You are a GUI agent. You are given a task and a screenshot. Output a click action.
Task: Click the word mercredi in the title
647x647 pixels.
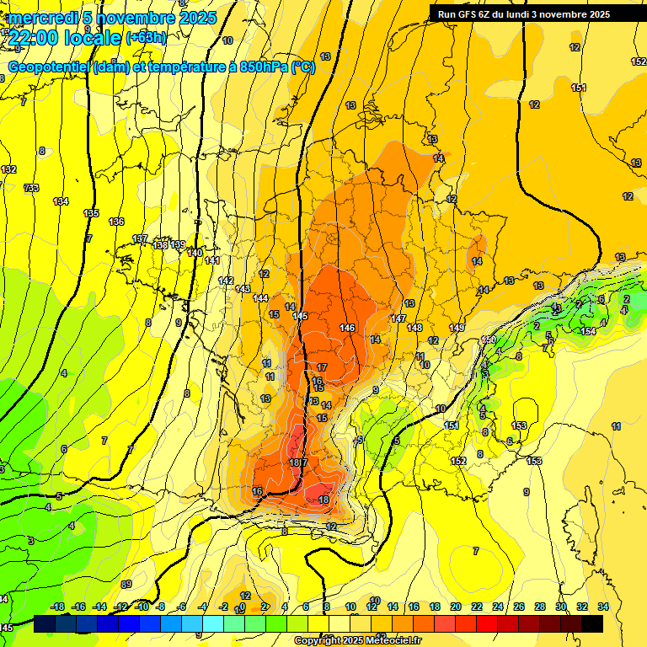point(42,18)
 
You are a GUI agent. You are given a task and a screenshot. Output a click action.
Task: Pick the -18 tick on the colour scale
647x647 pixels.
point(57,607)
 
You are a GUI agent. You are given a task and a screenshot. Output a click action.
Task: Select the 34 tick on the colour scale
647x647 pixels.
point(603,607)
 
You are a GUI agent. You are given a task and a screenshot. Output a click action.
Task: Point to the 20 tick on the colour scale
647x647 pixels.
point(455,607)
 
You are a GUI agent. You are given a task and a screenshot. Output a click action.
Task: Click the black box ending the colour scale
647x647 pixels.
point(592,623)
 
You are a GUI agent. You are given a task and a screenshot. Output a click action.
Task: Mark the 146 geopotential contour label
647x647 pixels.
point(347,327)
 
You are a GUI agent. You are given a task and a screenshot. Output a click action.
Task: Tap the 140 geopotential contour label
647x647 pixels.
point(195,253)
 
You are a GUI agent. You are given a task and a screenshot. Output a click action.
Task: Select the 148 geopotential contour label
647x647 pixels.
point(414,328)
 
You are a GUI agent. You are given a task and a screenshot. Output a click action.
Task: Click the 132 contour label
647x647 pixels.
point(9,170)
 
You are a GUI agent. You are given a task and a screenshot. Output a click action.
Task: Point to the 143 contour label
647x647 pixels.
point(243,289)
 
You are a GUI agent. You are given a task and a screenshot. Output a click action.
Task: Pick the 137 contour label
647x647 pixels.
point(140,238)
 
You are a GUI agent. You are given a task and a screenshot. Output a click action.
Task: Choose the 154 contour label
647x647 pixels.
point(588,332)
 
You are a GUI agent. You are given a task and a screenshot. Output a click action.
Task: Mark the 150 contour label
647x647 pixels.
point(489,340)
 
